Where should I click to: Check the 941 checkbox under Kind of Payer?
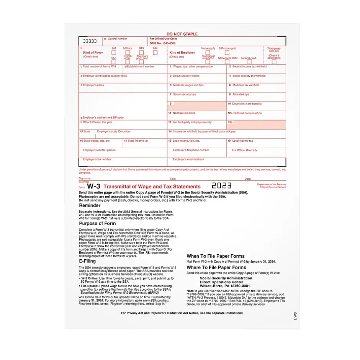coord(114,52)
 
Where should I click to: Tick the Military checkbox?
coord(128,52)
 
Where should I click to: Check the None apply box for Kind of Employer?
coord(208,52)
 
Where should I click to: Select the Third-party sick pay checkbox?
coord(274,61)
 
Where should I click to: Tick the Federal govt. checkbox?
coord(249,62)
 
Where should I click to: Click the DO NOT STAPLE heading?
coord(182,34)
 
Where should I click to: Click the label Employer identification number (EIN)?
coord(104,76)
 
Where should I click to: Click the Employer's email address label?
coord(188,159)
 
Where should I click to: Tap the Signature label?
coord(85,178)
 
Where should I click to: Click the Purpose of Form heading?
coord(97,223)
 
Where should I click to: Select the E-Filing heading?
coord(87,261)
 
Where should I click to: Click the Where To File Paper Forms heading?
coord(216,268)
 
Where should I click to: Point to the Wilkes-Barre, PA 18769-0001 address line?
coord(225,286)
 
